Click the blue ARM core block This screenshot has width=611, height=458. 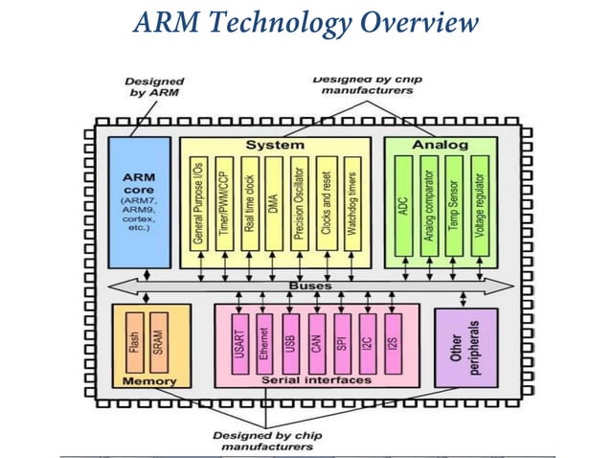pos(139,202)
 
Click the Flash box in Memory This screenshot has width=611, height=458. pos(135,341)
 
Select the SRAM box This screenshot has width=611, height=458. pos(159,341)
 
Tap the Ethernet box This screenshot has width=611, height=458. pos(263,341)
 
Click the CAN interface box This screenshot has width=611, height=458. pos(316,341)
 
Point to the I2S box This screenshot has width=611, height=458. pos(394,341)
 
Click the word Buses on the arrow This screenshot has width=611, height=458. pos(310,286)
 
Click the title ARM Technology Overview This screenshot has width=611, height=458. pos(305,22)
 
